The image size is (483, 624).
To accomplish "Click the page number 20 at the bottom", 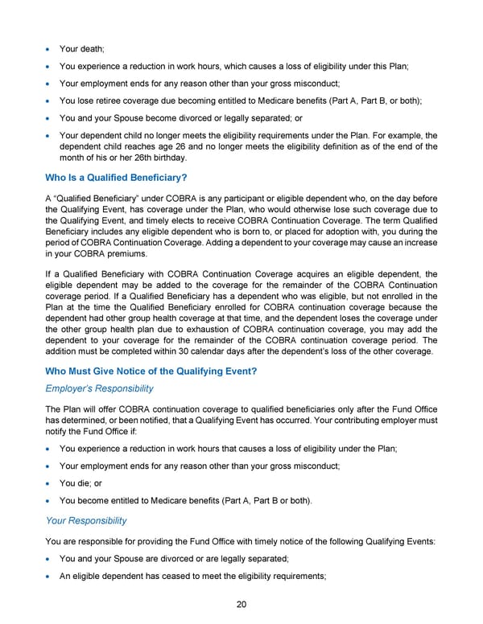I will coord(241,606).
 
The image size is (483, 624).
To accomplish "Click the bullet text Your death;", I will coord(84,38).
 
